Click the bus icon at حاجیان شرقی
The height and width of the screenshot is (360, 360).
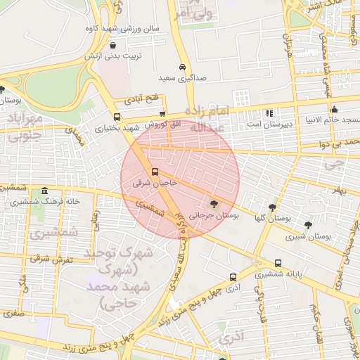point(155,172)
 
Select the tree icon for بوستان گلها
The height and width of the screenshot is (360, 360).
point(272,207)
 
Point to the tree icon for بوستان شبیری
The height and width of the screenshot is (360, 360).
point(308,225)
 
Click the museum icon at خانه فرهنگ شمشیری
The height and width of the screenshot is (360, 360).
point(45,191)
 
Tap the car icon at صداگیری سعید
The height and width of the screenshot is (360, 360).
point(182,67)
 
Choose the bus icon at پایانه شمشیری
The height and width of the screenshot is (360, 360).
point(278,264)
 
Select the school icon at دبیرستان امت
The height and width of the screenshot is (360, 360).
point(269,113)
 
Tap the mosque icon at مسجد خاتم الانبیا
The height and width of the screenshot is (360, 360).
point(334,109)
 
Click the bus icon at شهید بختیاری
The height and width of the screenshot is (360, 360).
point(117,117)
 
